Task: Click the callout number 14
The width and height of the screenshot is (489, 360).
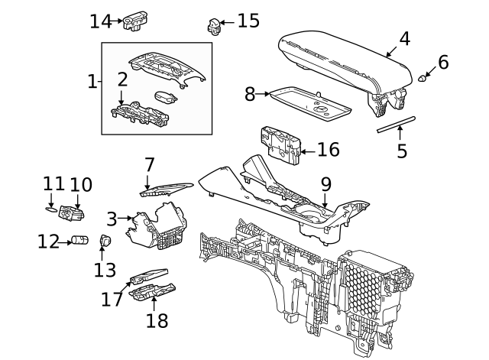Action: pos(100,21)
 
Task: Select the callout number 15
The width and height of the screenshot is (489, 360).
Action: pos(248,21)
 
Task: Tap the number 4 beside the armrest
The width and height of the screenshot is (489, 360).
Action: pos(404,39)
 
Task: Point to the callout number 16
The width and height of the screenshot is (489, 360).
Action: pos(328,149)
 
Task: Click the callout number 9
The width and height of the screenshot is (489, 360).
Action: pos(325,184)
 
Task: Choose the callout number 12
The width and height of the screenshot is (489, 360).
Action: pos(49,242)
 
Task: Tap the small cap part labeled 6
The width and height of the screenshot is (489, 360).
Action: pos(423,78)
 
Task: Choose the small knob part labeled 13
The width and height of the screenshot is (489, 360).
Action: pos(105,242)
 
